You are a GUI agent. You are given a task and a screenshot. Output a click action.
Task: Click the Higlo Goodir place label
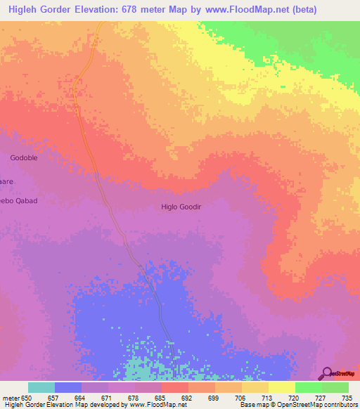tap(181, 207)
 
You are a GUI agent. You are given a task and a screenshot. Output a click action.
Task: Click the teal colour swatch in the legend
tap(41, 387)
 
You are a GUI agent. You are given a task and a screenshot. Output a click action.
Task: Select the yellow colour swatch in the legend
tap(281, 387)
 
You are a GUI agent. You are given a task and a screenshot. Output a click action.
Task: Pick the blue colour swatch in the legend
tap(68, 387)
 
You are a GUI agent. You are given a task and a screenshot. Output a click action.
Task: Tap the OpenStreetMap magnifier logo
tap(326, 372)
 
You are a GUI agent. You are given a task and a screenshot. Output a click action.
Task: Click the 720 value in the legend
tap(295, 398)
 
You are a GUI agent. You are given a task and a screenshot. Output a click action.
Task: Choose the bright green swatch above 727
tap(308, 387)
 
